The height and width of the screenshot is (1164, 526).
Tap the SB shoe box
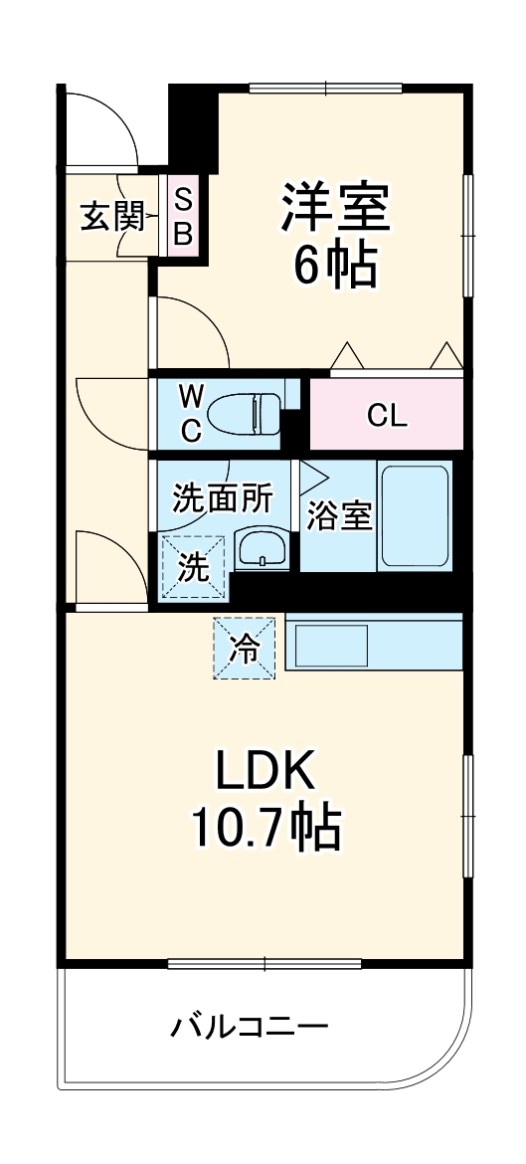[185, 216]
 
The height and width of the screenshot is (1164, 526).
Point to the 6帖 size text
[334, 266]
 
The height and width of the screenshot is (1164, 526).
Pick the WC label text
[191, 413]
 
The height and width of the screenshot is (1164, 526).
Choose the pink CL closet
[387, 414]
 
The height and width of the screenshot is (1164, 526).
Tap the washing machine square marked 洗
[193, 567]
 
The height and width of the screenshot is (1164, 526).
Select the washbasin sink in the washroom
[262, 549]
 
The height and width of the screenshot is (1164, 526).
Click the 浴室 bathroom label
[338, 517]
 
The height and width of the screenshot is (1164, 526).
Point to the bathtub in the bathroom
[414, 515]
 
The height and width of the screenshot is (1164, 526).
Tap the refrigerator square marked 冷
[244, 648]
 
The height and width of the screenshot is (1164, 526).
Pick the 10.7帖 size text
[265, 826]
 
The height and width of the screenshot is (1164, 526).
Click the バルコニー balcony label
[248, 1026]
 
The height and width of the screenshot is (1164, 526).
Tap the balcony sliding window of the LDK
[264, 962]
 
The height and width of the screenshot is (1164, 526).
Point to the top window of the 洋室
[325, 89]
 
